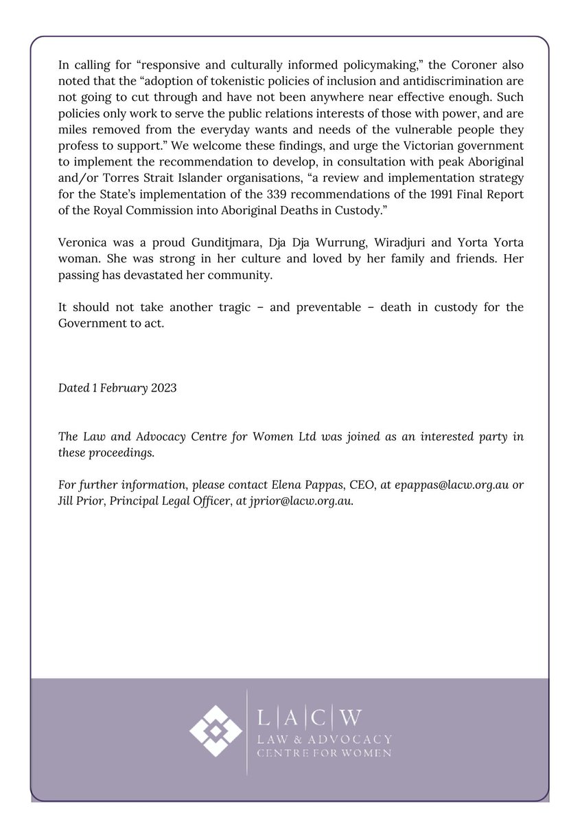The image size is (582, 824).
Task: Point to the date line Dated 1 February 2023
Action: tap(117, 388)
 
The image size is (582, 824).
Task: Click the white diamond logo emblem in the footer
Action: tap(216, 731)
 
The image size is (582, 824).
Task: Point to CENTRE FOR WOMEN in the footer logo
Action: tap(323, 754)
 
